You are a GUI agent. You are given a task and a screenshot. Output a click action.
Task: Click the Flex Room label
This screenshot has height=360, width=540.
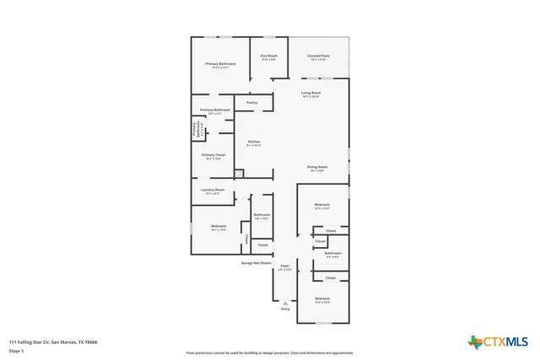click(x=269, y=56)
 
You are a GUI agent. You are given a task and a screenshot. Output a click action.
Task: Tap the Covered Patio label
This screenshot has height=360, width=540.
click(x=319, y=56)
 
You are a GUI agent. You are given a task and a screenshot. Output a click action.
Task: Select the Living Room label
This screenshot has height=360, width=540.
click(x=311, y=93)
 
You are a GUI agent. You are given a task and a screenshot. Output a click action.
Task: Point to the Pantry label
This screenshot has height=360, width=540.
click(x=251, y=102)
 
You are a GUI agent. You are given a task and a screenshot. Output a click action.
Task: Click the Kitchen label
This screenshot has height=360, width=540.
click(x=253, y=142)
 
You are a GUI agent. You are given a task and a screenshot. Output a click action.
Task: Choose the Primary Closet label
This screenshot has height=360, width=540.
click(x=213, y=155)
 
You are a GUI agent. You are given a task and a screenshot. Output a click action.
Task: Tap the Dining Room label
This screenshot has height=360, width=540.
click(x=316, y=167)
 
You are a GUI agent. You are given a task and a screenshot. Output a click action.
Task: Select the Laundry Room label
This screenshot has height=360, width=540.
click(x=213, y=190)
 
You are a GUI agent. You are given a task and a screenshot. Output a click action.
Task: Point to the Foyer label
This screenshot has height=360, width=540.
click(x=285, y=266)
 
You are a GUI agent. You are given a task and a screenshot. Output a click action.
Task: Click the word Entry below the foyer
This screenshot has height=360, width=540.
click(x=285, y=309)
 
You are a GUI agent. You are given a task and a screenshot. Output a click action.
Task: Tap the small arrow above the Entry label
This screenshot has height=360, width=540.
click(x=285, y=301)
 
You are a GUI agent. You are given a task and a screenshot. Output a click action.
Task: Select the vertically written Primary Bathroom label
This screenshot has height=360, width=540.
click(x=195, y=130)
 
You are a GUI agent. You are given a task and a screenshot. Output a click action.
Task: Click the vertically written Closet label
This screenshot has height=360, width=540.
click(x=246, y=239)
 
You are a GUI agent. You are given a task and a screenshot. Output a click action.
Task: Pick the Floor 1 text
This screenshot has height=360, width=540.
click(x=16, y=350)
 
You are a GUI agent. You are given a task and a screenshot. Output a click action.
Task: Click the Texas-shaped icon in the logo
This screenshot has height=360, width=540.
click(x=475, y=341)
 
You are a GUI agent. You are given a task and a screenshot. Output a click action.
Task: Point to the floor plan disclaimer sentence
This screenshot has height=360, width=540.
click(x=270, y=352)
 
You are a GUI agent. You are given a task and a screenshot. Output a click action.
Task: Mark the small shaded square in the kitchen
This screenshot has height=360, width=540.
click(x=240, y=174)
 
